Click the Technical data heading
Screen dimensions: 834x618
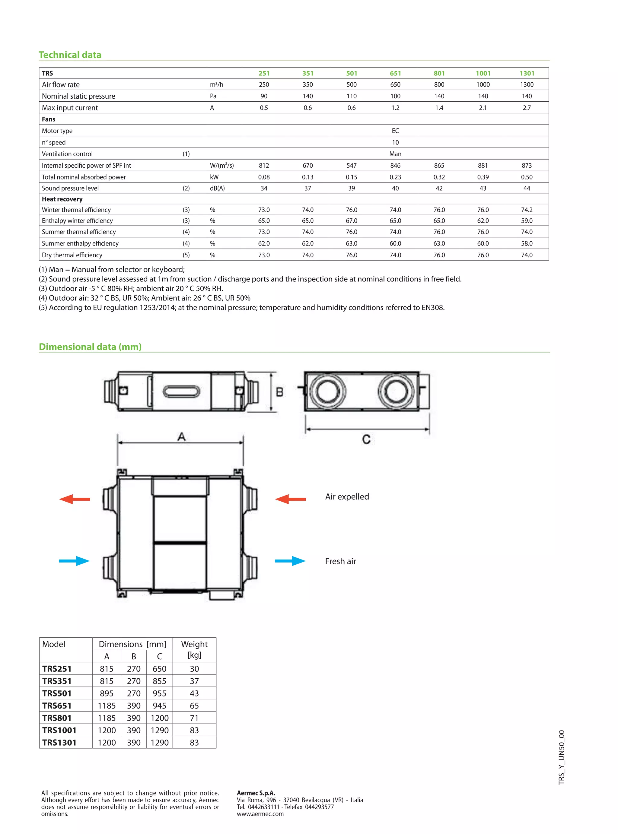[x=70, y=55]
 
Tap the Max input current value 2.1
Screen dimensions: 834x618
[x=483, y=108]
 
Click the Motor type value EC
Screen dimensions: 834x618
[x=395, y=131]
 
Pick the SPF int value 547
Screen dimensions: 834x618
[x=351, y=165]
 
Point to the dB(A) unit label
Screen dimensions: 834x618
[x=217, y=189]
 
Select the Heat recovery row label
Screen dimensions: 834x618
[x=62, y=199]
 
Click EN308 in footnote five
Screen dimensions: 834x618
[x=432, y=308]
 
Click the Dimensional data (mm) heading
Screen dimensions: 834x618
[x=90, y=347]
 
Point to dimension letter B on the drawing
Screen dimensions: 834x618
[x=279, y=392]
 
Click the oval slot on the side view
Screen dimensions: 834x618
[x=181, y=392]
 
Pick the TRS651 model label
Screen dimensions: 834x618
[x=56, y=706]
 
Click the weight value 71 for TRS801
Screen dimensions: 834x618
[x=194, y=718]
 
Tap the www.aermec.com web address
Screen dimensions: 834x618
[x=260, y=814]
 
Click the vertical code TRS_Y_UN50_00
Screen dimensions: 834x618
[x=561, y=757]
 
